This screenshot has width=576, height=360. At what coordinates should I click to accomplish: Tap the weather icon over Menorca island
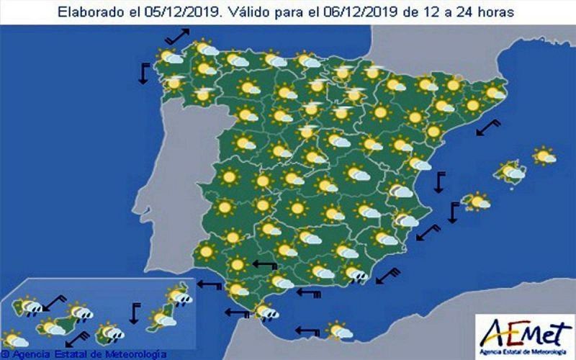544,155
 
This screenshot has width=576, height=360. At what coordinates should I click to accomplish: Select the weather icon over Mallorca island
511,171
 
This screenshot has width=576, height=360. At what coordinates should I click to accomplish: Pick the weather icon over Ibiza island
476,201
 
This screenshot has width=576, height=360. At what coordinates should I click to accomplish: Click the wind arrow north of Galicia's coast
176,35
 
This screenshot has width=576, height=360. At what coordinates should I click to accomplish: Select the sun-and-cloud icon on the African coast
339,330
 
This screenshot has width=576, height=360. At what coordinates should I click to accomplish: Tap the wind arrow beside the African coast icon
307,331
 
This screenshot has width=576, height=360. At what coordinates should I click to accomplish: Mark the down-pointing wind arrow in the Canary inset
134,314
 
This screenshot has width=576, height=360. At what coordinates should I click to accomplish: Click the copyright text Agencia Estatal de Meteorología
85,354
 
